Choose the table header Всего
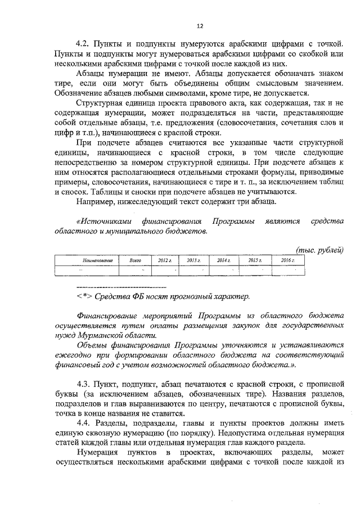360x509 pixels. coord(134,260)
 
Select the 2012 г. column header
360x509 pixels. coord(164,260)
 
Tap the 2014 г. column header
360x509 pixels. coord(224,260)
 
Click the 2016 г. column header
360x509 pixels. coord(287,260)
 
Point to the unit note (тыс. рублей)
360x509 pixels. coord(319,250)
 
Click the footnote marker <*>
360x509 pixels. coord(84,296)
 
